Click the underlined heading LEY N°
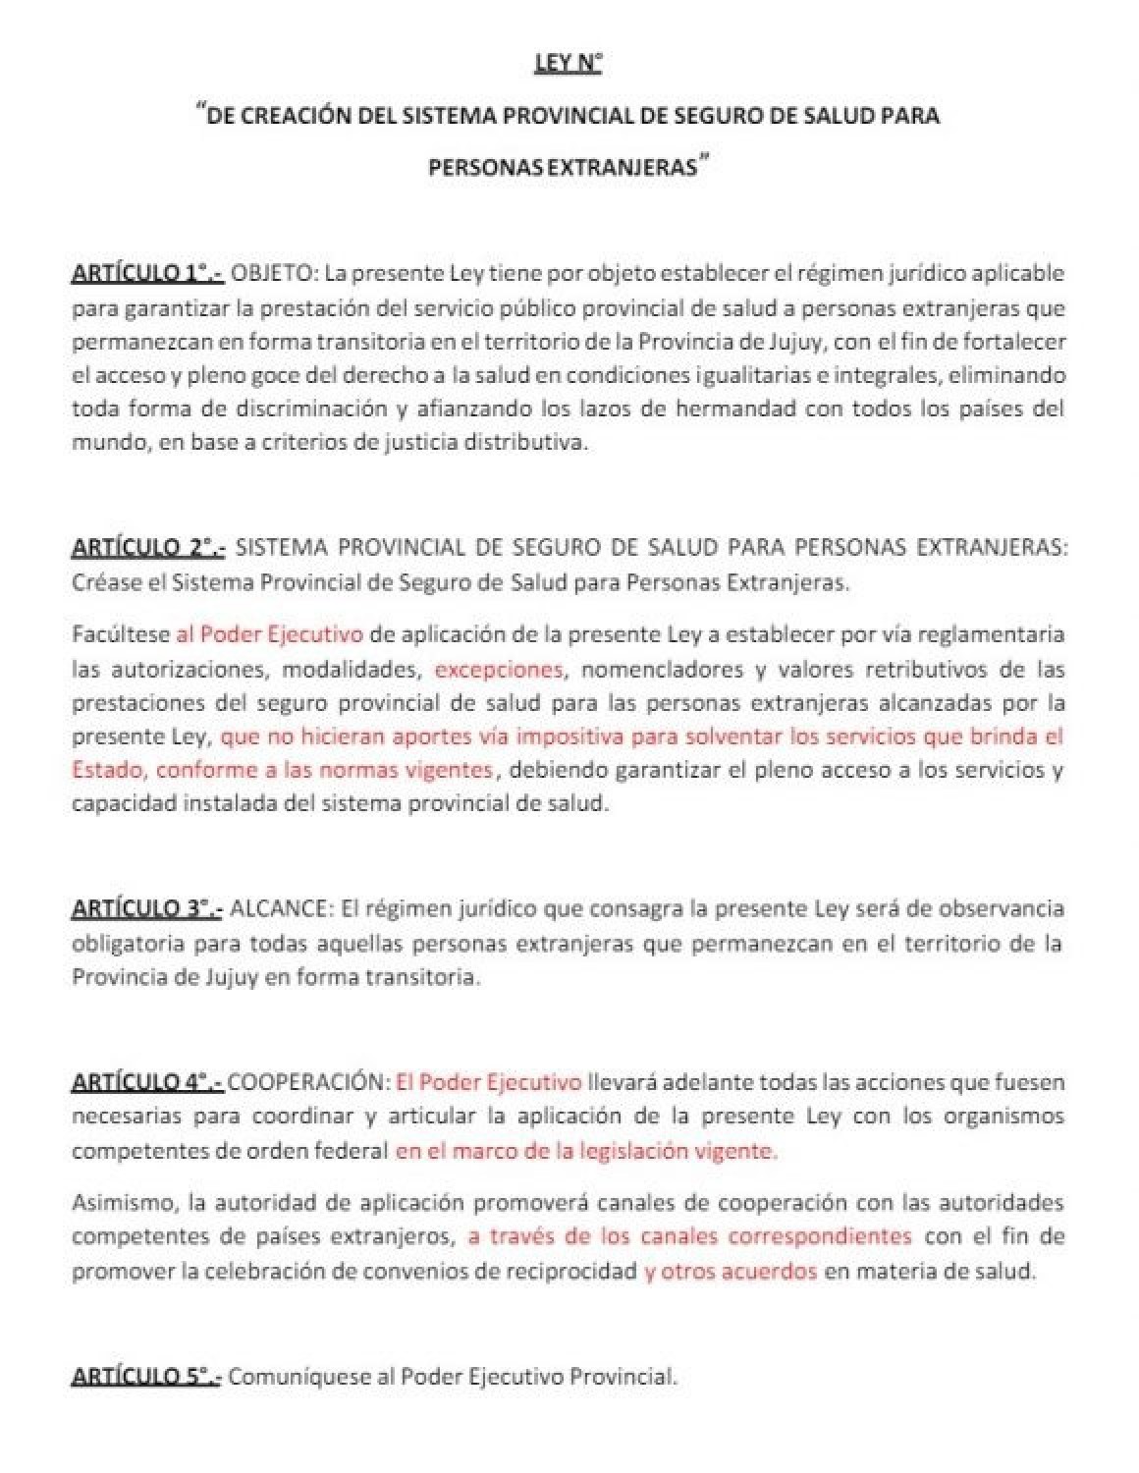(x=568, y=65)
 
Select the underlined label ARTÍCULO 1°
(x=147, y=273)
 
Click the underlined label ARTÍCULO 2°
(x=148, y=548)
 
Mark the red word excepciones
(x=499, y=670)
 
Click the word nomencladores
(x=653, y=670)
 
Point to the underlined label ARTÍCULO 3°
(x=147, y=909)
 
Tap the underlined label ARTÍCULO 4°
(x=147, y=1082)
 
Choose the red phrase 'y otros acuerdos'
(x=731, y=1271)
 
